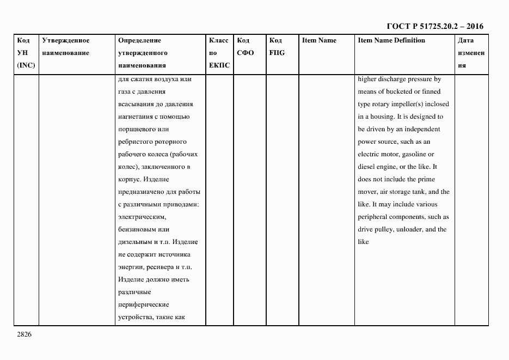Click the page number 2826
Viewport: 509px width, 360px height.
tap(24, 334)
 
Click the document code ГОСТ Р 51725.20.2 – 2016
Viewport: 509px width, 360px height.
tap(434, 26)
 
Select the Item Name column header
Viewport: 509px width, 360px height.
tap(319, 40)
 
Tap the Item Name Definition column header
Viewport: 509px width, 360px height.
tap(391, 40)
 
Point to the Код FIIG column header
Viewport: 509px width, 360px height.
tap(277, 47)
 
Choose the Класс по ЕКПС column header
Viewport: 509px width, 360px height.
tap(219, 53)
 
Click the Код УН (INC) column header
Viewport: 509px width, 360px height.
tap(25, 53)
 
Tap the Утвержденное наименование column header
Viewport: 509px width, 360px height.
tap(65, 47)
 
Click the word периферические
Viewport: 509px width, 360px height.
tap(143, 304)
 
